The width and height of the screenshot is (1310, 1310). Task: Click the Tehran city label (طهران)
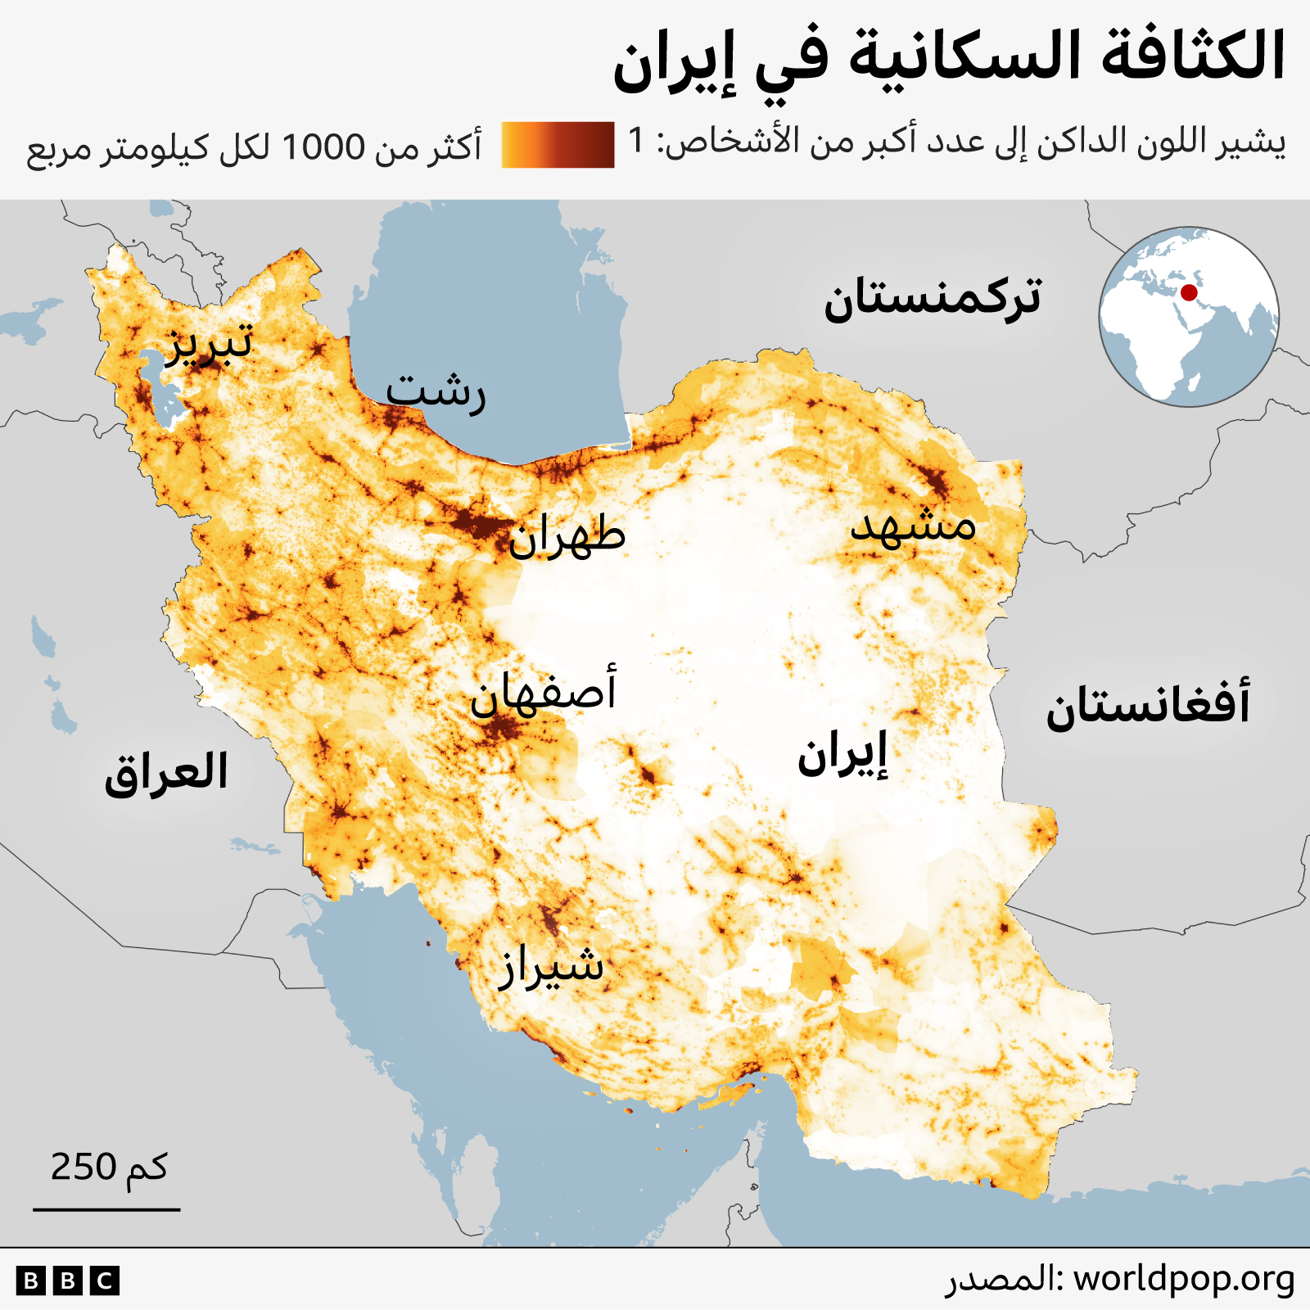567,536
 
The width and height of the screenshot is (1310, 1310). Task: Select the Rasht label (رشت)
436,392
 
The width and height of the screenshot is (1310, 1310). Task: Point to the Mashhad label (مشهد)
914,524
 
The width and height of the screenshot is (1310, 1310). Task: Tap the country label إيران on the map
842,755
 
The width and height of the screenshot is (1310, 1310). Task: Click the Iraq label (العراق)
166,773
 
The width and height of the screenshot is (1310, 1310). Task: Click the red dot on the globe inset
1189,292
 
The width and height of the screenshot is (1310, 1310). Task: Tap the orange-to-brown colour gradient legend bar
558,145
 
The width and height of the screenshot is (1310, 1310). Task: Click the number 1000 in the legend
323,147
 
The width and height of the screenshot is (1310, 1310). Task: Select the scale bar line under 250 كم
106,1208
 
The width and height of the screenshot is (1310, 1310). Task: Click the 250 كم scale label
109,1167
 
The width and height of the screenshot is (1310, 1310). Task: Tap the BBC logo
68,1281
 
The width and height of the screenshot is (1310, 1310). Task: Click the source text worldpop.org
1184,1278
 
